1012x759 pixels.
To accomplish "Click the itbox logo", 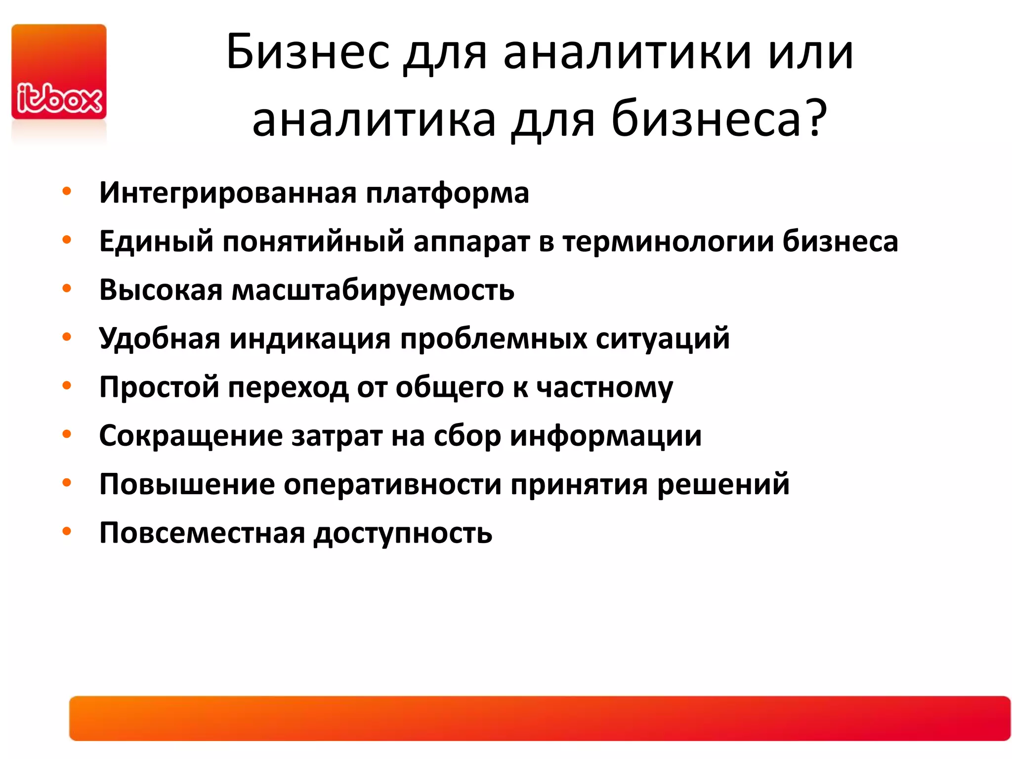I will coord(59,72).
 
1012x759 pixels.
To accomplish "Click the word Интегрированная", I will coord(227,193).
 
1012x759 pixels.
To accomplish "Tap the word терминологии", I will coord(668,242).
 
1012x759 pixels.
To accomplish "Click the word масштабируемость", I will coord(373,291).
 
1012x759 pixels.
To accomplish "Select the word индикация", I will coord(310,339).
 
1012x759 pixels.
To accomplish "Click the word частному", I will coord(604,387).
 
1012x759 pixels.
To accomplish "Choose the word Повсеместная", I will coord(202,533).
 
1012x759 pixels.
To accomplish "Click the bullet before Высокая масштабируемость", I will coord(67,289).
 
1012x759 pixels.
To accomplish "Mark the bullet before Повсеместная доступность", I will coord(67,532).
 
